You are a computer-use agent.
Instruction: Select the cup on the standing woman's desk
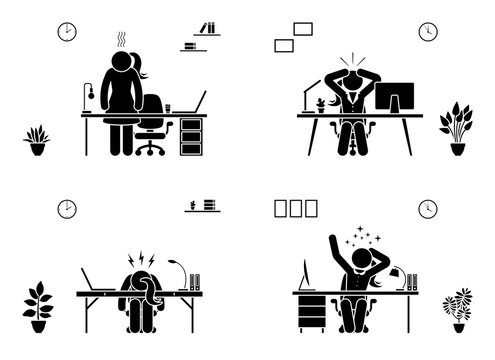click(x=169, y=106)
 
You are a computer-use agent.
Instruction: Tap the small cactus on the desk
click(x=319, y=104)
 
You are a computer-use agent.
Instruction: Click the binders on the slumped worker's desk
click(x=194, y=282)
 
